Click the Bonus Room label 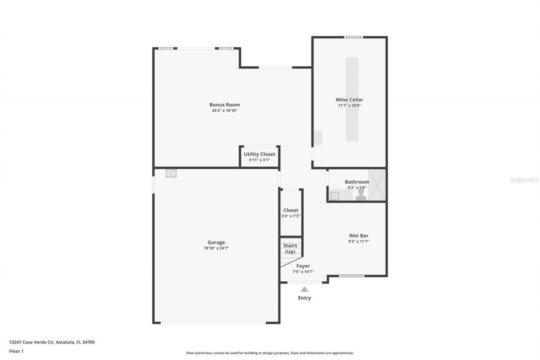(224, 105)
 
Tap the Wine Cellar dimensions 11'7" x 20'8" (349, 106)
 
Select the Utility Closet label (259, 154)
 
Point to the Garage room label (216, 242)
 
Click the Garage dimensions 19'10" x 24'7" (216, 248)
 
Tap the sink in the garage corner (171, 173)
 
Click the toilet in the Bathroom (360, 195)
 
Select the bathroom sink (335, 196)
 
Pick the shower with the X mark (376, 184)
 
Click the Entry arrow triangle (304, 290)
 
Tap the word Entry (304, 298)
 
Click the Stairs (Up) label (290, 249)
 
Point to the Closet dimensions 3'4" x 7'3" (291, 216)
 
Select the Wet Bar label (359, 235)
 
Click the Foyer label (303, 266)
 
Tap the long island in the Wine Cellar (352, 100)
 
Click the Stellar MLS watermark (524, 180)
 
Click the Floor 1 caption (16, 351)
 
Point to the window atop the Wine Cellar (353, 37)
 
